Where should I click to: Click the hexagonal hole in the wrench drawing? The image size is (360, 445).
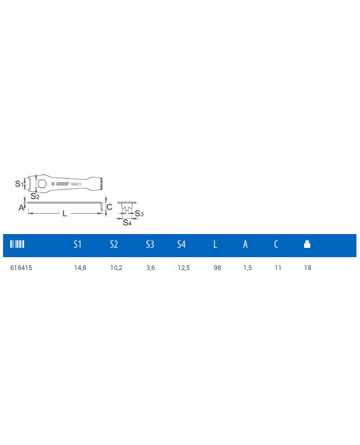[x=42, y=184]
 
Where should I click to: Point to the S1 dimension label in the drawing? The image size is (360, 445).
[x=19, y=184]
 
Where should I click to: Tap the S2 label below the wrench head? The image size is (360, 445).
[x=35, y=196]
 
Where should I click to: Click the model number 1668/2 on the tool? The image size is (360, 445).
[x=76, y=184]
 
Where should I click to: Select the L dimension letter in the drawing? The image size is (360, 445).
[x=65, y=214]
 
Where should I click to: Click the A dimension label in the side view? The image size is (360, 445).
[x=21, y=208]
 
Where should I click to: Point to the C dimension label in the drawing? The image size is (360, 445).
[x=109, y=207]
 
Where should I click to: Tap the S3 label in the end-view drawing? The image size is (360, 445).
[x=139, y=214]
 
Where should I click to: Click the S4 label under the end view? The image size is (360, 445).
[x=127, y=223]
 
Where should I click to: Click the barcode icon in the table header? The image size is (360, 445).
[x=17, y=244]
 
